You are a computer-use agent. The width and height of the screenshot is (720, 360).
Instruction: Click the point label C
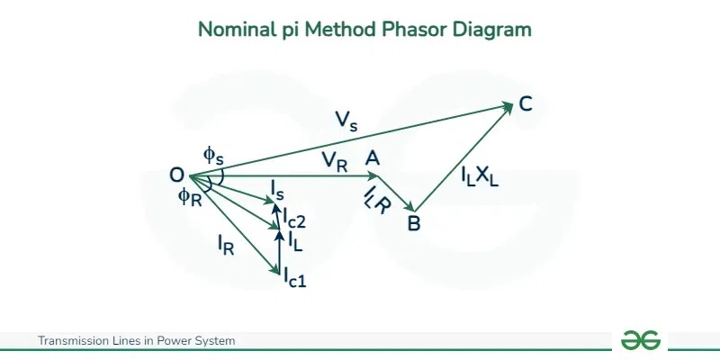[x=526, y=104]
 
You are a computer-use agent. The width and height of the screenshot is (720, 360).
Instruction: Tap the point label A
[x=373, y=158]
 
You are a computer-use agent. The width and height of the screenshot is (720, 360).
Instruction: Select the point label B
[x=414, y=223]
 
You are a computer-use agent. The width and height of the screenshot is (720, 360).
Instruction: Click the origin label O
[x=176, y=175]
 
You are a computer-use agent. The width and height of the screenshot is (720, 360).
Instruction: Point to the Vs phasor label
[x=346, y=121]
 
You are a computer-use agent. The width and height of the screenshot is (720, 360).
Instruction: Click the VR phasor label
[x=334, y=162]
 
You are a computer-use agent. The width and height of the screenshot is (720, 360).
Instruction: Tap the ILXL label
[x=480, y=177]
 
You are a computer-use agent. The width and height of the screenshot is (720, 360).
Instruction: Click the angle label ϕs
[x=213, y=157]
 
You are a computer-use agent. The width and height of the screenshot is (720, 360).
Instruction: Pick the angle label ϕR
[x=190, y=197]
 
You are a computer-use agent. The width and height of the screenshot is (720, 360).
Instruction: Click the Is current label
[x=277, y=190]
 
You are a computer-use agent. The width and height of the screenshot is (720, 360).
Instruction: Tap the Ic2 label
[x=294, y=218]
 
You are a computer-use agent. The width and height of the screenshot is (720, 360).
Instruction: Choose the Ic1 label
[x=294, y=277]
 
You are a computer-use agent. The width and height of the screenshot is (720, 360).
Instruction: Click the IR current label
[x=226, y=244]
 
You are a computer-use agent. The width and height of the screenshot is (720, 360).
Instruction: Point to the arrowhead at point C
[x=508, y=106]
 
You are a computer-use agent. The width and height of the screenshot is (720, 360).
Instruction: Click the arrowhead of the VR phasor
[x=373, y=175]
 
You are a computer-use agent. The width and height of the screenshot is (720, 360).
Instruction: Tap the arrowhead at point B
[x=411, y=207]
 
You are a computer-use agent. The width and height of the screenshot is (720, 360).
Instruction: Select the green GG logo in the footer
[x=641, y=340]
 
